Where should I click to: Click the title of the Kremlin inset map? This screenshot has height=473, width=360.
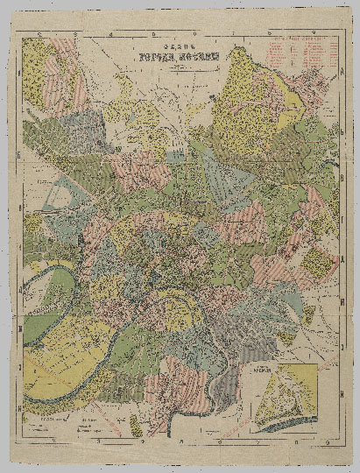(284, 366)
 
